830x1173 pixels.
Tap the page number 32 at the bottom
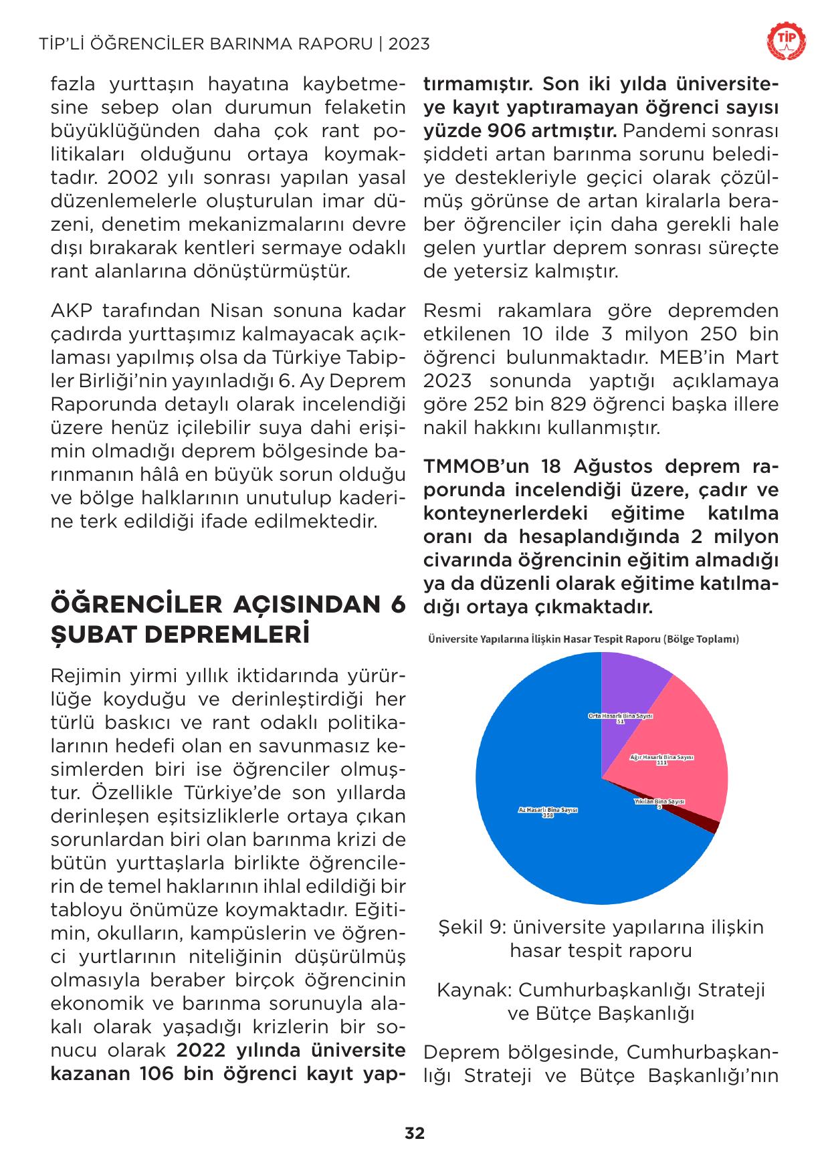coord(415,1133)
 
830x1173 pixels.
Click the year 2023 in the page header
coord(409,44)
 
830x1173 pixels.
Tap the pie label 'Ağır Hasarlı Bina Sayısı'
coord(662,757)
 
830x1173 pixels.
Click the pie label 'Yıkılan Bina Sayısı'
coord(659,801)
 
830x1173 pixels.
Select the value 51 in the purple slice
coord(620,722)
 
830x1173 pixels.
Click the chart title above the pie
coord(583,639)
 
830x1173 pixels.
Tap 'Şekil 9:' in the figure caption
coord(468,928)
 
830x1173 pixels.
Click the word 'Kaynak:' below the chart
coord(474,990)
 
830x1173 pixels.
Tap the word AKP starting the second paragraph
coord(72,311)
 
